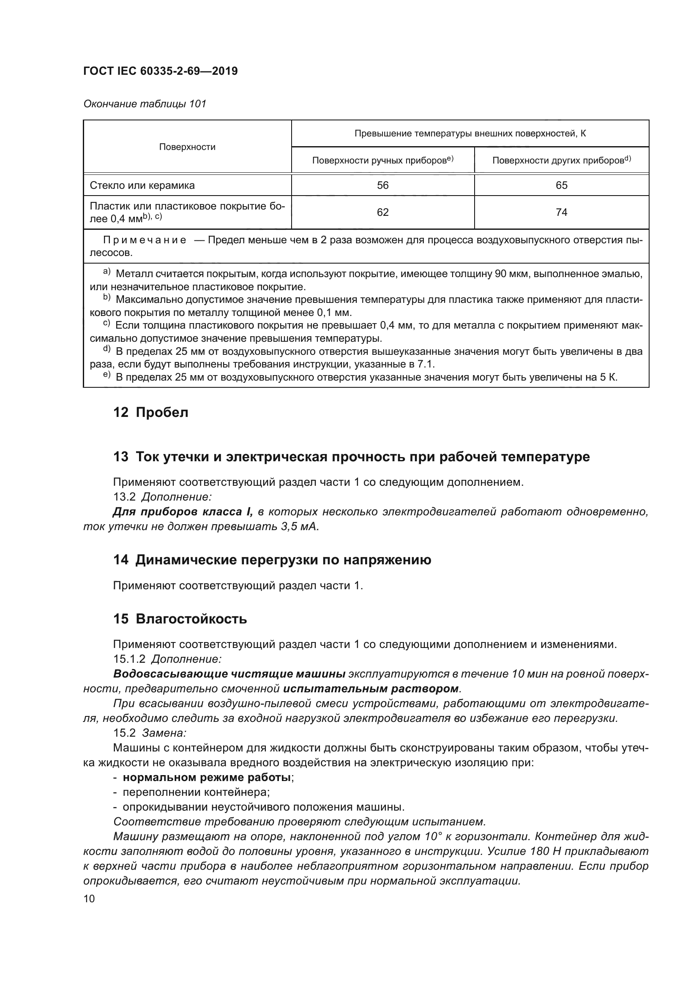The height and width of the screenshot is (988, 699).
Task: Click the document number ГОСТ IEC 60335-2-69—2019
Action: (160, 71)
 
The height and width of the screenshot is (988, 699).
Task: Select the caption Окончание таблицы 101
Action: (145, 104)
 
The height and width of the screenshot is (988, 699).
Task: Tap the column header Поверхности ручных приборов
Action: (382, 161)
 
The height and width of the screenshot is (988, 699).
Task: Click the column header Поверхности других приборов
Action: (561, 161)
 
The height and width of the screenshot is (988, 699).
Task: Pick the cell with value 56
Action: (382, 185)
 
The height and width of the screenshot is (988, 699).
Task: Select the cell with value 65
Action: (561, 185)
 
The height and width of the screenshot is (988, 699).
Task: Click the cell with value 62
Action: (382, 212)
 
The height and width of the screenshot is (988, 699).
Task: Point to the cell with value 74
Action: (561, 212)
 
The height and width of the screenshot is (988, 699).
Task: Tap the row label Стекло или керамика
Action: (142, 185)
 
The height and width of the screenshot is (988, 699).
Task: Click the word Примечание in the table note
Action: (145, 240)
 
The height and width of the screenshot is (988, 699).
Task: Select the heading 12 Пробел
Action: (150, 412)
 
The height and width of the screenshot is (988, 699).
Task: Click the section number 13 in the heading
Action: (120, 457)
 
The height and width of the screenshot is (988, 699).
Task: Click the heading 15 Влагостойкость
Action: (180, 619)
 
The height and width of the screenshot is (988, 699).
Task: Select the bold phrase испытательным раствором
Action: (371, 689)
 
